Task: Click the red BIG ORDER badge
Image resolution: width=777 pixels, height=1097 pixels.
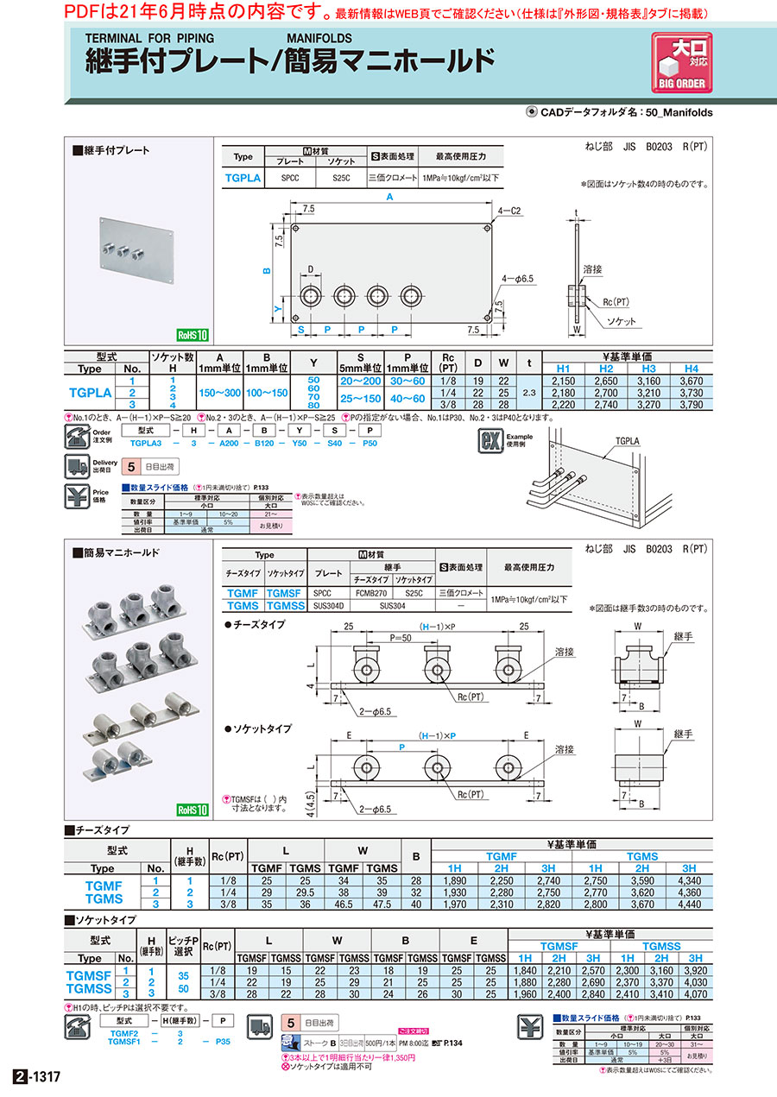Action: click(682, 64)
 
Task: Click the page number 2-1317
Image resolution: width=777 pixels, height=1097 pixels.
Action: click(38, 1077)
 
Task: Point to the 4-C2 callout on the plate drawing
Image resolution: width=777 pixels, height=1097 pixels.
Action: click(511, 211)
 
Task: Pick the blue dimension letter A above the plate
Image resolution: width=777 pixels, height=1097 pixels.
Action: click(390, 197)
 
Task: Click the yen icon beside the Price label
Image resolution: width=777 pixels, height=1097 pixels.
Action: click(77, 497)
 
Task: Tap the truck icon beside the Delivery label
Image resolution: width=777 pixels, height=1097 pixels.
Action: click(77, 467)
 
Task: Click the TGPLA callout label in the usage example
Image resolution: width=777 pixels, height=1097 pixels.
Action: click(627, 441)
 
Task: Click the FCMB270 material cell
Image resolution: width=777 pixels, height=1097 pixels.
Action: click(370, 594)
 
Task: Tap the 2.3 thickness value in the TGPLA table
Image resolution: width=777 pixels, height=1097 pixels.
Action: click(529, 391)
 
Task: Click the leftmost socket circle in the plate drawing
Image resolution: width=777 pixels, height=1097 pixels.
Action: click(310, 297)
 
